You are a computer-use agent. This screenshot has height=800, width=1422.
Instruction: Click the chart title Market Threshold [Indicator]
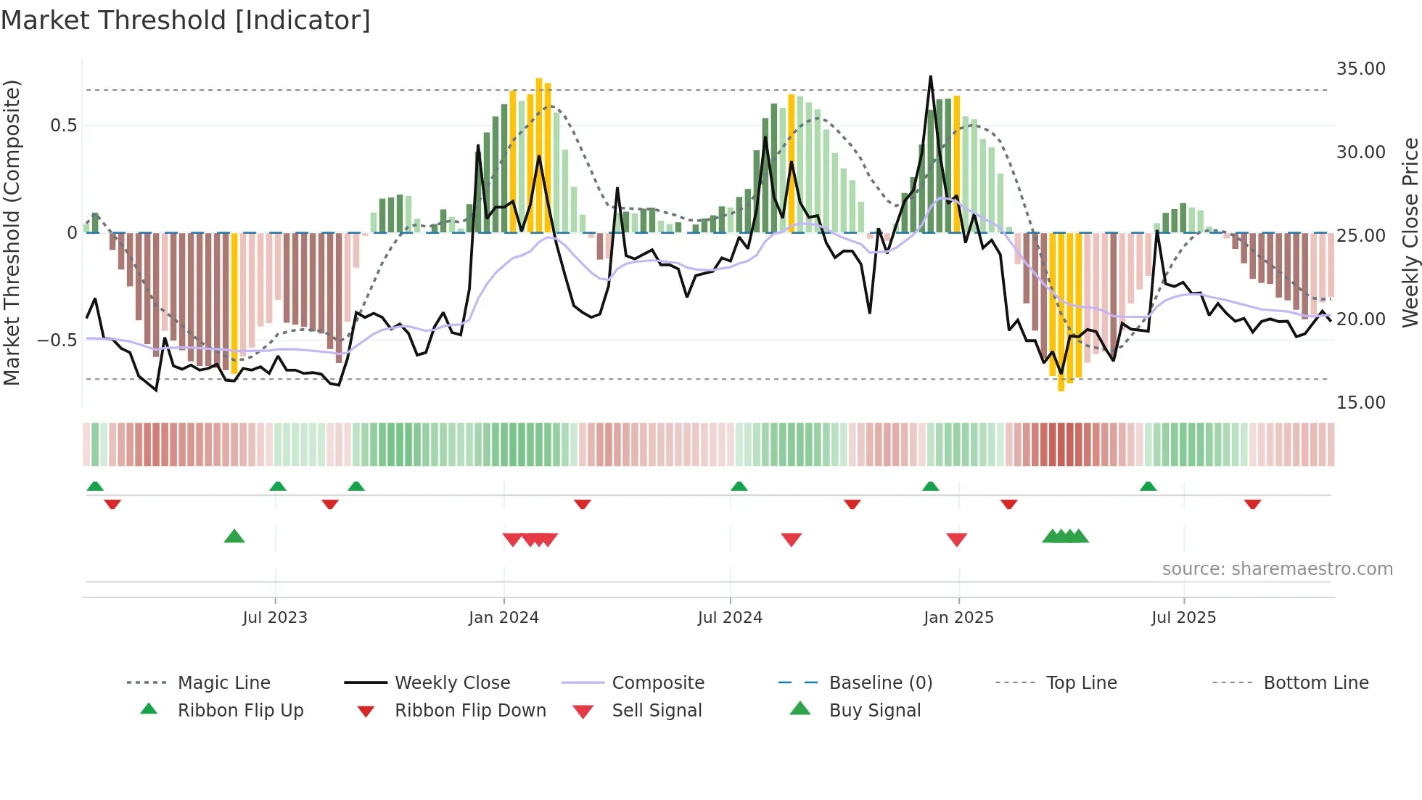point(186,20)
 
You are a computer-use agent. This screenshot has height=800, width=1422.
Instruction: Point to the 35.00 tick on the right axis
point(1360,69)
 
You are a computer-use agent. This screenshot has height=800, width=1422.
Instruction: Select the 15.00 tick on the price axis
point(1360,403)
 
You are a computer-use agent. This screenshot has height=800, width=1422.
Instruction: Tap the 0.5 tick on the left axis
point(64,126)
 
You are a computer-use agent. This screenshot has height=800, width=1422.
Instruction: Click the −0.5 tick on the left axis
point(57,340)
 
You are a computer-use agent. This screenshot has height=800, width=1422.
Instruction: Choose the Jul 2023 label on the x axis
point(275,618)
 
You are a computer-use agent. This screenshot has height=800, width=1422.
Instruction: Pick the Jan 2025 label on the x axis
point(958,618)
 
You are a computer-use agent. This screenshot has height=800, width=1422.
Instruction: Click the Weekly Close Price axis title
point(1410,232)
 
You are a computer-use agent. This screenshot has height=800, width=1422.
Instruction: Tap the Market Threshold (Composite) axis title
point(12,232)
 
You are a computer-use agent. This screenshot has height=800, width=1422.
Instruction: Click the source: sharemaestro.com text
point(1277,569)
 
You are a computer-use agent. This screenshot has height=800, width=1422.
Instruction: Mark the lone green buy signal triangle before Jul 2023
point(234,536)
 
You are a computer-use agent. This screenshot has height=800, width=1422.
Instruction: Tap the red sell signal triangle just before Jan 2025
point(956,539)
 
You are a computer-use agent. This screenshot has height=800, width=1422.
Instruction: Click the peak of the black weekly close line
point(930,77)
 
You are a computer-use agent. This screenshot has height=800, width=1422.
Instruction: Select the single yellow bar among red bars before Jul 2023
point(234,301)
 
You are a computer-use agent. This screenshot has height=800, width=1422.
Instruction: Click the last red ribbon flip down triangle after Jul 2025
point(1252,504)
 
